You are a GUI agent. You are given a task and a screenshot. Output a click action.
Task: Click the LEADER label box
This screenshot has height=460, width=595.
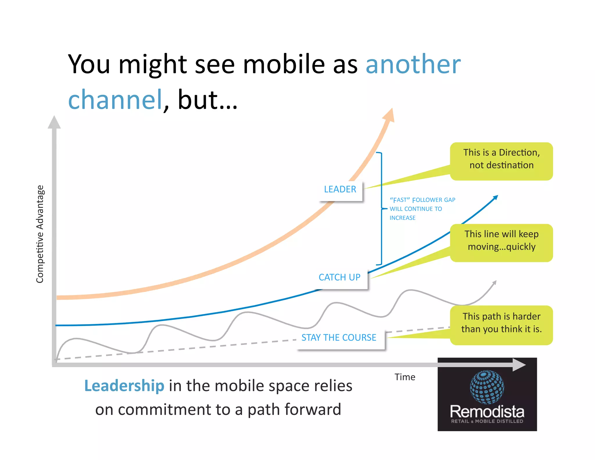click(x=340, y=190)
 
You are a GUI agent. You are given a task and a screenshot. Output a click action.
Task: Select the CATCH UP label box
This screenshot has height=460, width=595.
click(x=339, y=277)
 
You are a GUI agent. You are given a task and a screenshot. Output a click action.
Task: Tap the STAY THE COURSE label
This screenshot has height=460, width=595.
click(x=339, y=338)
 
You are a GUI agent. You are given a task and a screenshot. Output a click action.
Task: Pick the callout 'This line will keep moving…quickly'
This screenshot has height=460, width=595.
click(x=501, y=241)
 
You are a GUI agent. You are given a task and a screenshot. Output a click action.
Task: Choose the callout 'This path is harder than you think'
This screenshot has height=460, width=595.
click(x=501, y=323)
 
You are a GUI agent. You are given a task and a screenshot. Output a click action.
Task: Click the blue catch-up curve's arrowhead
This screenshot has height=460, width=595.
click(x=495, y=198)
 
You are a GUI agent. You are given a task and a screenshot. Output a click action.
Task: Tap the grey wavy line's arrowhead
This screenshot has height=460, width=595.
click(x=494, y=283)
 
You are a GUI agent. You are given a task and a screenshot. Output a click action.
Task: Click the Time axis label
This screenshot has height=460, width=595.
click(x=405, y=377)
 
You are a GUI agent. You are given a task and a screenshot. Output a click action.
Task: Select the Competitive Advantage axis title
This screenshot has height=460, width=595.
click(x=40, y=234)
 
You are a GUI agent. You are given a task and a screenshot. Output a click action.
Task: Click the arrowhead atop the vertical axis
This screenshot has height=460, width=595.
click(x=54, y=122)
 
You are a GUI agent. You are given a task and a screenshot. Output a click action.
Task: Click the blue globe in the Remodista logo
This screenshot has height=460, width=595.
click(x=487, y=387)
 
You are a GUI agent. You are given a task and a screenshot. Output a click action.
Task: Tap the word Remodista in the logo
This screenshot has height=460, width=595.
click(x=487, y=412)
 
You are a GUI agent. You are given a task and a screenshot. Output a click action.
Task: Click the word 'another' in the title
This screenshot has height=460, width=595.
click(x=413, y=64)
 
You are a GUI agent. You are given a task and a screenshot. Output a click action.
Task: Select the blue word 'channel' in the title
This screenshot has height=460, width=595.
click(x=115, y=100)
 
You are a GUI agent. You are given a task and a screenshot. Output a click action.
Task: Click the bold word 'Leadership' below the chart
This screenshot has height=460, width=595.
click(x=124, y=386)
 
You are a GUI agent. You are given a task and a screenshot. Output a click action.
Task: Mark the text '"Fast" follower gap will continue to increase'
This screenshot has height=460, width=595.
click(x=422, y=209)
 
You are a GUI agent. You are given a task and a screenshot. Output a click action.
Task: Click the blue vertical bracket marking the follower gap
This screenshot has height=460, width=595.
click(x=381, y=208)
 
